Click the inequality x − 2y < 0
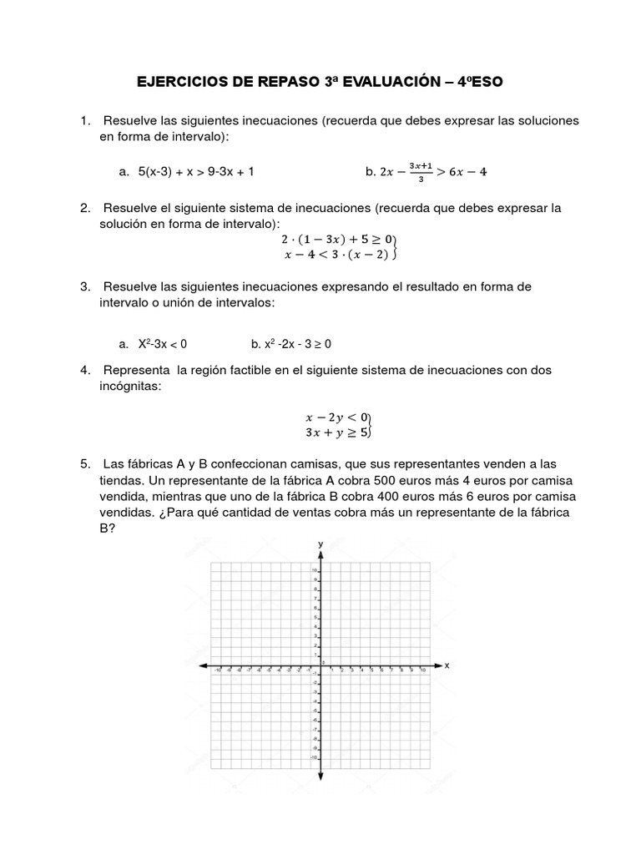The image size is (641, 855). click(337, 417)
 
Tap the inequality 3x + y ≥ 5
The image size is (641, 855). click(336, 433)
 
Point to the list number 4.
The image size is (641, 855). click(85, 369)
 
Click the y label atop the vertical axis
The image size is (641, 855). click(320, 544)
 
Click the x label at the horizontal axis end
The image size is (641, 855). click(447, 665)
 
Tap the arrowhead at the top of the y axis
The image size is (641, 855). click(320, 554)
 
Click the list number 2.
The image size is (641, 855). click(85, 208)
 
